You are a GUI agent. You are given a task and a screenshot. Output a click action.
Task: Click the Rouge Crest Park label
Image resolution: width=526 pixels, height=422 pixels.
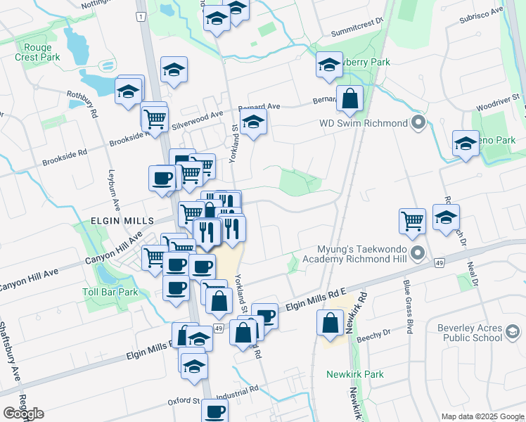coord(38,52)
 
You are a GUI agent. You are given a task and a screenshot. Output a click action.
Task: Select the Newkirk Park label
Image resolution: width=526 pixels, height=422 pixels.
coord(355,374)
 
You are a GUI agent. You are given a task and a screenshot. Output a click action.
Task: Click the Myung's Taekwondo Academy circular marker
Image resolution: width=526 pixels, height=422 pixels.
coord(418,252)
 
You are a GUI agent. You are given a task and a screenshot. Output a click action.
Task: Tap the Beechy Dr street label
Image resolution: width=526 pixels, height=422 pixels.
coord(379,335)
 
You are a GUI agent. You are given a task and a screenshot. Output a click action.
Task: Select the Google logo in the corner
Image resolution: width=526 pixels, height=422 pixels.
coord(23,414)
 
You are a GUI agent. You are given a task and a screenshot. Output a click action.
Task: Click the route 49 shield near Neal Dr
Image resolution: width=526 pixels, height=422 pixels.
coord(439,262)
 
